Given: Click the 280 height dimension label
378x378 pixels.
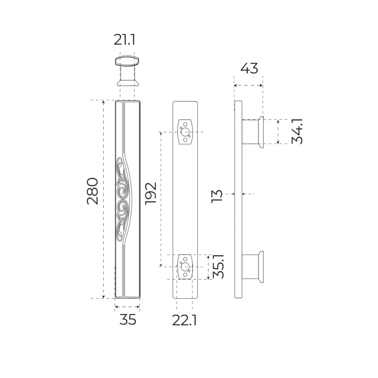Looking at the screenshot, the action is pos(92,191).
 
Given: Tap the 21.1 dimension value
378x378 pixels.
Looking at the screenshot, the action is pos(124,40).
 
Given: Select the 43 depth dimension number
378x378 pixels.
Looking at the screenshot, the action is pos(249,68).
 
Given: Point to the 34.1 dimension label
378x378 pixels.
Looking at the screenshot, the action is pos(297,132).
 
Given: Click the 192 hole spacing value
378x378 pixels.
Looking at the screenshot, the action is pos(151,194).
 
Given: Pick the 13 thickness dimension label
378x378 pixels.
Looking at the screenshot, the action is pos(217,196).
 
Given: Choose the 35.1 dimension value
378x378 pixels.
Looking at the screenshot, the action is pos(219,266).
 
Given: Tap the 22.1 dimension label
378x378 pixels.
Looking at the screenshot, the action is pos(184,321).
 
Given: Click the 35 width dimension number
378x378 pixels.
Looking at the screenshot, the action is pos(128,320).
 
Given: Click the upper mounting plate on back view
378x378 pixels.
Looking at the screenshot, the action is pos(185,132).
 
